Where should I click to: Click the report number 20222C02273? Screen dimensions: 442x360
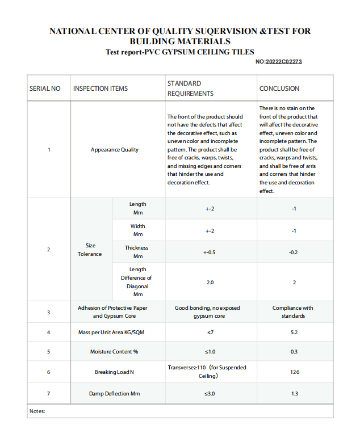click(283, 61)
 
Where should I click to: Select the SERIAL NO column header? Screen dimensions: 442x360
click(45, 89)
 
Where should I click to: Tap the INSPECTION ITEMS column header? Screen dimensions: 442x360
click(101, 89)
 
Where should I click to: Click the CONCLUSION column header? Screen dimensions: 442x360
click(279, 89)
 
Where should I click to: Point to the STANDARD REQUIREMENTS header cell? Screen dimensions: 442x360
click(190, 89)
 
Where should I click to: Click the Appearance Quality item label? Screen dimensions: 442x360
click(114, 150)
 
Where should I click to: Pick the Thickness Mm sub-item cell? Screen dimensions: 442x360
click(137, 252)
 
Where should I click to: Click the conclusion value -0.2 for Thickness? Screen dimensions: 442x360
click(294, 252)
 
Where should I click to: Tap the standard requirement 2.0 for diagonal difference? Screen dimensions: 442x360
click(210, 282)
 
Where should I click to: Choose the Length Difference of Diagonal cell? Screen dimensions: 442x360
click(137, 282)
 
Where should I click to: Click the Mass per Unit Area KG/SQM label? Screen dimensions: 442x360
click(114, 332)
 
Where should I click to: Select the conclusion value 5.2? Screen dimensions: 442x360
click(294, 332)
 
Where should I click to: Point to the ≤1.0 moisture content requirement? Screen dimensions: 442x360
click(210, 352)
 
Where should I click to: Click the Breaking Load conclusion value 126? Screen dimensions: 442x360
click(294, 372)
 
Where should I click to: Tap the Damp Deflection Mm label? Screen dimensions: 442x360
click(114, 393)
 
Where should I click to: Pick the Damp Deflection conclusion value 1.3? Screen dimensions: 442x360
click(294, 393)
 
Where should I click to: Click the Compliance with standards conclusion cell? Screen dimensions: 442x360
click(293, 311)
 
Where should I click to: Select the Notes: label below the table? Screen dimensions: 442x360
click(37, 411)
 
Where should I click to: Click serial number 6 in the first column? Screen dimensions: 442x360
click(48, 372)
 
